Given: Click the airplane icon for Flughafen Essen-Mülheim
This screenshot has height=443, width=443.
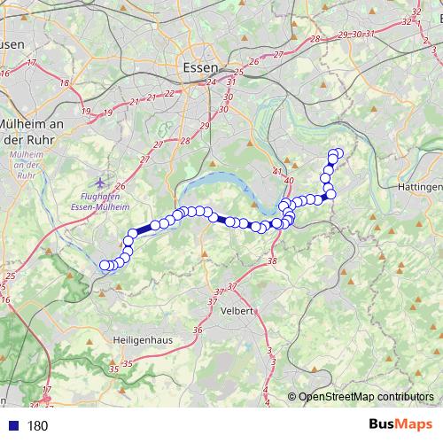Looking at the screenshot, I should click(x=97, y=182).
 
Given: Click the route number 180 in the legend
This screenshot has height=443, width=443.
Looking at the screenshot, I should click(x=38, y=425).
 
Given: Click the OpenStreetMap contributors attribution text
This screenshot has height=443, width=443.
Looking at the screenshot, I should click(x=365, y=398).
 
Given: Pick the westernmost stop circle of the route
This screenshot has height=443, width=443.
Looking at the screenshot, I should click(x=105, y=264).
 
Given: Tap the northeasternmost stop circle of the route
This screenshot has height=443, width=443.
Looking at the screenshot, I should click(x=338, y=153).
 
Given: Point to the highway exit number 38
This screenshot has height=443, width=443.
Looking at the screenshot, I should click(x=271, y=260).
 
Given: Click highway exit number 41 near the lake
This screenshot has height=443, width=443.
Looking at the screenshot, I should click(x=277, y=171).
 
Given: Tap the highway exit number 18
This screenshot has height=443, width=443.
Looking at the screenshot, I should click(x=64, y=82).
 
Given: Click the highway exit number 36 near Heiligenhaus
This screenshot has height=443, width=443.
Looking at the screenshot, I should click(x=198, y=330).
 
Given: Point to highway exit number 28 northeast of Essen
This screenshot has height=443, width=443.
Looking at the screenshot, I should click(x=315, y=39).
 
